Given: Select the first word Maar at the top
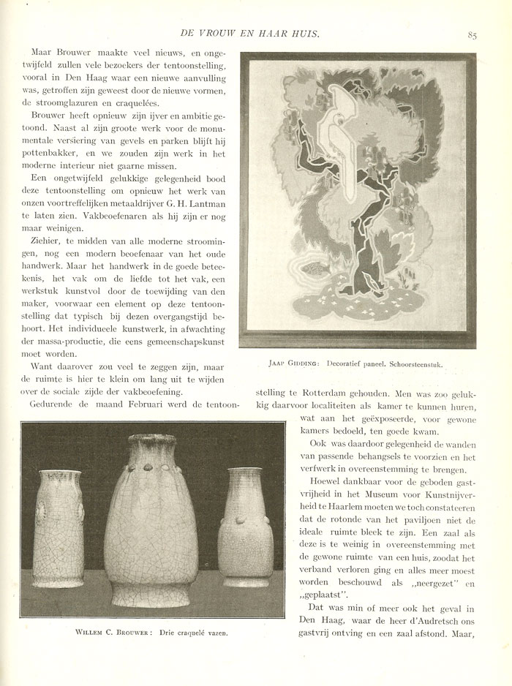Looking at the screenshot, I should [45, 53].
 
